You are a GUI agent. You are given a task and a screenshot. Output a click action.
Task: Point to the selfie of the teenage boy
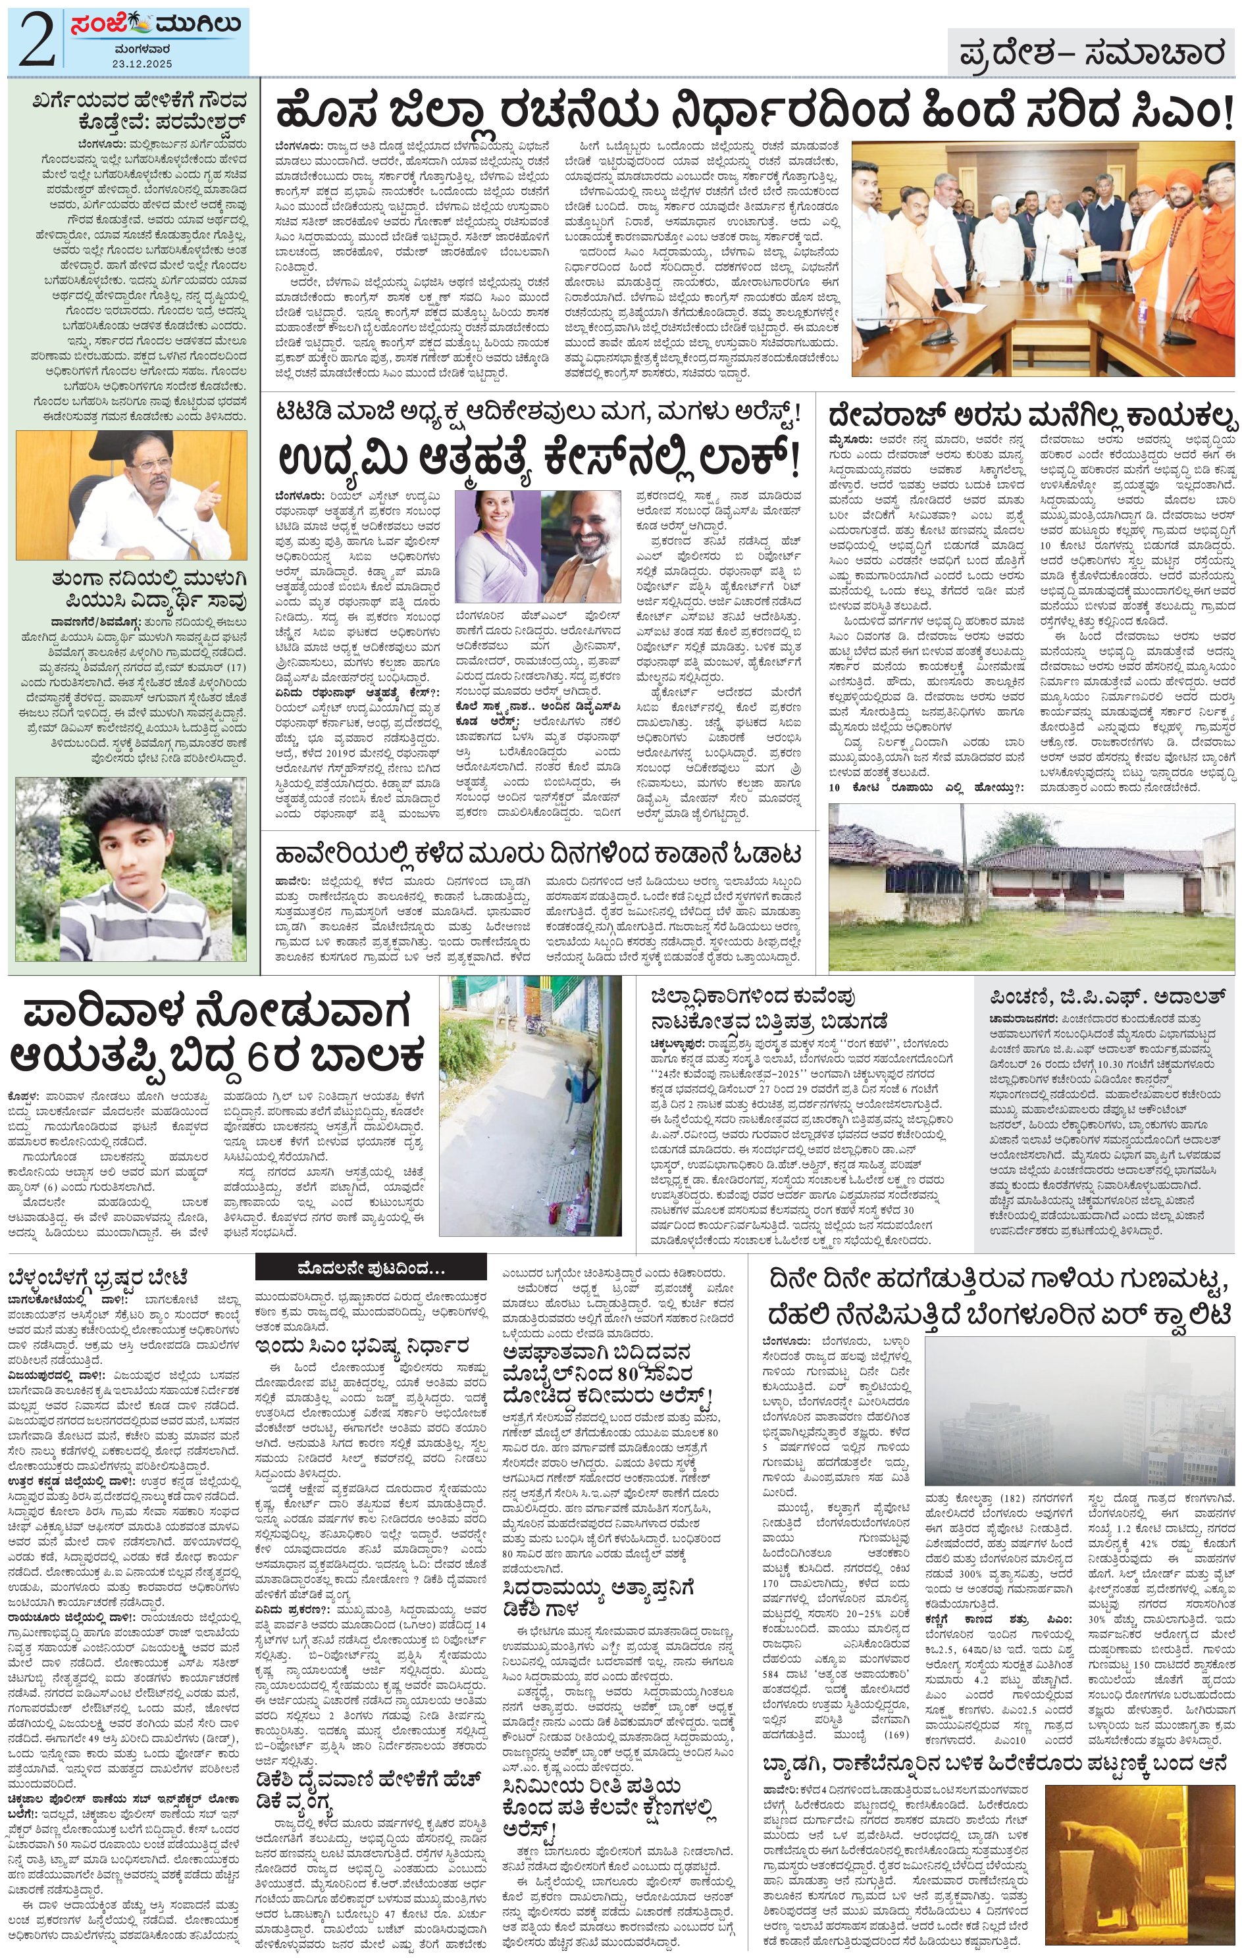point(131,869)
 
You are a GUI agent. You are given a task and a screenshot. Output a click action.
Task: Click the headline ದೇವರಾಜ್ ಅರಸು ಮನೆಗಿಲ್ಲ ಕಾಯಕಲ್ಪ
point(1031,416)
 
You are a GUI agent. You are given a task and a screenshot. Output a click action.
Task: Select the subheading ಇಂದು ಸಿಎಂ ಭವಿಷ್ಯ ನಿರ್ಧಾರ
point(360,1345)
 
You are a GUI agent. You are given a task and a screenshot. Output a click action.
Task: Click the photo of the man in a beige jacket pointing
point(131,495)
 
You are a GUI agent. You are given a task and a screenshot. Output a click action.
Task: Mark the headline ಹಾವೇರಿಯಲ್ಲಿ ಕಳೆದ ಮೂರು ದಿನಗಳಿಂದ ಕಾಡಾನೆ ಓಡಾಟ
point(538,854)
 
